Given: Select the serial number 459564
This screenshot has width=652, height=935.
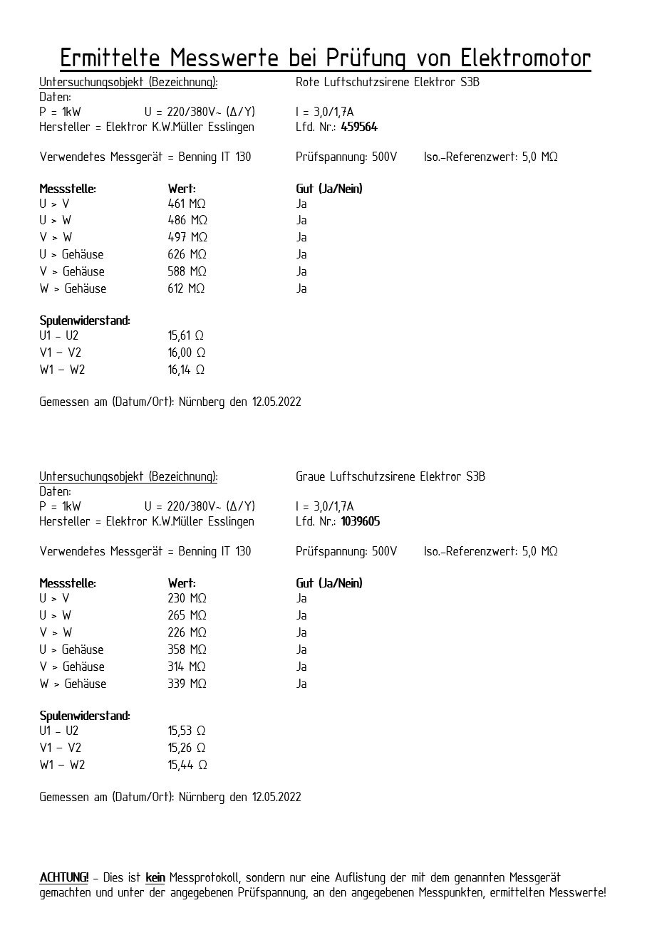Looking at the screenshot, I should click(x=359, y=127).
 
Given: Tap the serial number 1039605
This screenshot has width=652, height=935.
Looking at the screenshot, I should click(x=361, y=522).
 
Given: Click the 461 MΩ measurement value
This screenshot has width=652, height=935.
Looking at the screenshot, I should click(x=187, y=204).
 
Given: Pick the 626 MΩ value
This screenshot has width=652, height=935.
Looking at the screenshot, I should click(x=187, y=255).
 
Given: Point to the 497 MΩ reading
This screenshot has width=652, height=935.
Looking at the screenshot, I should click(x=187, y=238).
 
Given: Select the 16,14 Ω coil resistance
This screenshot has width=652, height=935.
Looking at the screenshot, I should click(x=187, y=370).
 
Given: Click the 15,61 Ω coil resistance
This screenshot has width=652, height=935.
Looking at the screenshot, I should click(x=187, y=336).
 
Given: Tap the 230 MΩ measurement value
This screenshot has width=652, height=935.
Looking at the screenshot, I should click(x=187, y=599).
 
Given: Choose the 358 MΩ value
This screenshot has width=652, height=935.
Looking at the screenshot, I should click(x=187, y=650).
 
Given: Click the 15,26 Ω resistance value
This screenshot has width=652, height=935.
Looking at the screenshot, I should click(x=187, y=748).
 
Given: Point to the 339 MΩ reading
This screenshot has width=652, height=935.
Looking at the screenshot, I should click(x=187, y=684).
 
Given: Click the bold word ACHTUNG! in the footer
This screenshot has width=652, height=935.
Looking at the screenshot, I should click(x=64, y=878).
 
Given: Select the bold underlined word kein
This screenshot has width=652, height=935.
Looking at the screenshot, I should click(x=155, y=878).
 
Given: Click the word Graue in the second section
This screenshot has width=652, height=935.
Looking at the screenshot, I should click(x=311, y=477).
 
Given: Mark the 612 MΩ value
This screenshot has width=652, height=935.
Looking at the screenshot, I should click(x=187, y=289).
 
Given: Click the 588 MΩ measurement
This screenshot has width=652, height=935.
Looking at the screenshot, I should click(x=187, y=272).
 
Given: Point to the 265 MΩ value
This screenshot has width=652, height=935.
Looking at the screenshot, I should click(x=187, y=616).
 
